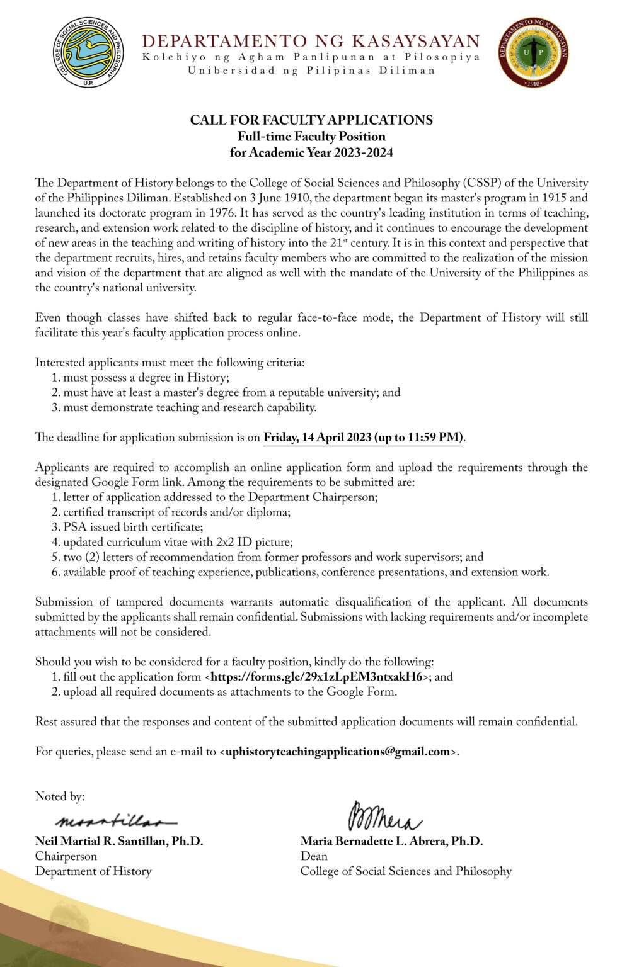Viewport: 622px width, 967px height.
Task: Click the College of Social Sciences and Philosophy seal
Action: pyautogui.click(x=88, y=52)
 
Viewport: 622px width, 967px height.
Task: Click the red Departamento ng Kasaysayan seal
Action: pyautogui.click(x=533, y=52)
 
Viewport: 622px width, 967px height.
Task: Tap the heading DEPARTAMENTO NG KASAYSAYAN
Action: pyautogui.click(x=311, y=41)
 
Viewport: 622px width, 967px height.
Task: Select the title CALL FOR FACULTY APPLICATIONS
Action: pyautogui.click(x=311, y=120)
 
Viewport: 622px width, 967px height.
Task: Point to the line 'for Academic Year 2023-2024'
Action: pyautogui.click(x=311, y=152)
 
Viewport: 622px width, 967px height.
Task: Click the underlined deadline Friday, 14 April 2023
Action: pyautogui.click(x=363, y=438)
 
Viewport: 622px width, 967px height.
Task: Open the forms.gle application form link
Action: pyautogui.click(x=317, y=677)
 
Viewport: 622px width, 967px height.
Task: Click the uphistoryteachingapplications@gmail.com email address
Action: pyautogui.click(x=338, y=752)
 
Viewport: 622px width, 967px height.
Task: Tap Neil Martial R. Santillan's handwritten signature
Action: pyautogui.click(x=116, y=821)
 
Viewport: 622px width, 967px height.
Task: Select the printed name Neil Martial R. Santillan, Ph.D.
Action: pyautogui.click(x=119, y=841)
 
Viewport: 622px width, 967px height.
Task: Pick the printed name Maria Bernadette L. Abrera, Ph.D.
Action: pyautogui.click(x=391, y=841)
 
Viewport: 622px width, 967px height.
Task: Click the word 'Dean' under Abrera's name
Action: pyautogui.click(x=314, y=856)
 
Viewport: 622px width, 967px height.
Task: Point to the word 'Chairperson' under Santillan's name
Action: pyautogui.click(x=66, y=856)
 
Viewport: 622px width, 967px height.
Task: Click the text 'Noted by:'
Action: pyautogui.click(x=60, y=796)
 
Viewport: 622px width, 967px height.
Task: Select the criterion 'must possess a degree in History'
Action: pyautogui.click(x=145, y=378)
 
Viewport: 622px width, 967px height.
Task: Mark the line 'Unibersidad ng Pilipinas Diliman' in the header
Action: pyautogui.click(x=311, y=71)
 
